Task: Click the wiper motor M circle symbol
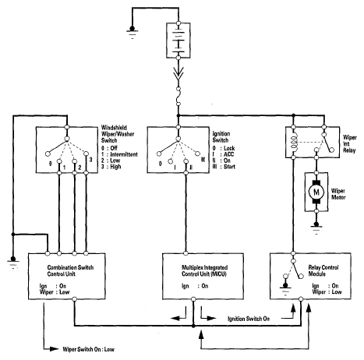(316, 192)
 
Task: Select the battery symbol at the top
(178, 41)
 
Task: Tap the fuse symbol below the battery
(178, 97)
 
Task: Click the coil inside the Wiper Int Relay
(294, 142)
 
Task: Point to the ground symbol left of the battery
(133, 32)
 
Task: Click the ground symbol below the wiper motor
(316, 228)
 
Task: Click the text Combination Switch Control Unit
(70, 270)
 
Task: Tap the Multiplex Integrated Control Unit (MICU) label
(204, 270)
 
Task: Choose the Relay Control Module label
(323, 270)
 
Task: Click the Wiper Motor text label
(338, 194)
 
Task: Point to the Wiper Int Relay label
(350, 143)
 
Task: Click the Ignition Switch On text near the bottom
(249, 319)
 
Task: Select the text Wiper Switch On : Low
(88, 349)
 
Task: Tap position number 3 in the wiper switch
(90, 160)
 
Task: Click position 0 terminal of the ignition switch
(159, 154)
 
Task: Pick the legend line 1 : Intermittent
(119, 154)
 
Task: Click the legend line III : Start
(224, 167)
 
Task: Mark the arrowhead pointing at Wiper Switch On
(55, 349)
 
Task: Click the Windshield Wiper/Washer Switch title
(118, 134)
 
